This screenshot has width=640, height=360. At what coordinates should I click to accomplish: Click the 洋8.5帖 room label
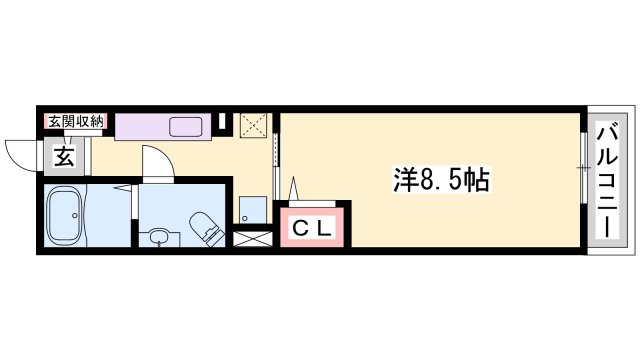point(439,181)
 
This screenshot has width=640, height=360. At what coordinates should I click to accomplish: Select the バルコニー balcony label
point(606,179)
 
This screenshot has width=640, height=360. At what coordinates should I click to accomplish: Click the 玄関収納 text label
point(74,121)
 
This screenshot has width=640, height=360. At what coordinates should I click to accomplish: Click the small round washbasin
point(158,238)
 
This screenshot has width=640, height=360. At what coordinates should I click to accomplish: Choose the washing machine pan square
point(251,211)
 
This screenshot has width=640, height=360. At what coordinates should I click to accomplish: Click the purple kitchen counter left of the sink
point(140,126)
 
